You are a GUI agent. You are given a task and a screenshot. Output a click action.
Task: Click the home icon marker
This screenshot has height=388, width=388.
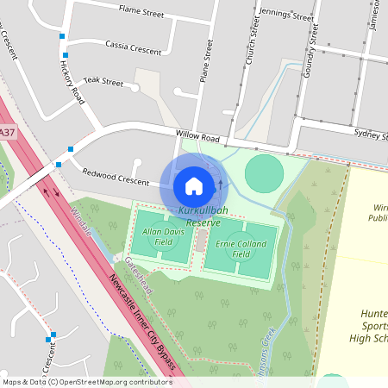pos(194,185)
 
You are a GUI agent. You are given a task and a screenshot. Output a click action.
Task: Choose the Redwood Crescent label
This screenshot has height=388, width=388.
pos(116,176)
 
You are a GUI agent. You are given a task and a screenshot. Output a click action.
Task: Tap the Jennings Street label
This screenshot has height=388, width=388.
pos(287,15)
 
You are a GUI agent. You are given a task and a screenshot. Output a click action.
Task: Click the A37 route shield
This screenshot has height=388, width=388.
pos(7,132)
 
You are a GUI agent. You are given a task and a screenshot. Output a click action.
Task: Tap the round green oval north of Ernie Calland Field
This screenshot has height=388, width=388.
pos(264,173)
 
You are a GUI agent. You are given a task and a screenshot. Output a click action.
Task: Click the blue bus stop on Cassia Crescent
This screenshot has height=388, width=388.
pos(63,36)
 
